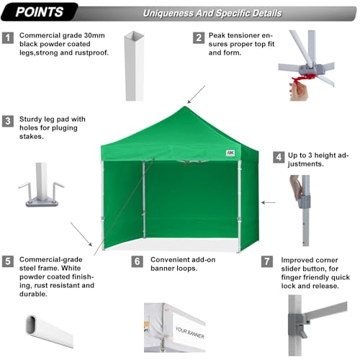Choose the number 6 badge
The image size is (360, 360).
pyautogui.click(x=138, y=261)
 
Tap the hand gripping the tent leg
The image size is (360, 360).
pyautogui.click(x=296, y=189)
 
